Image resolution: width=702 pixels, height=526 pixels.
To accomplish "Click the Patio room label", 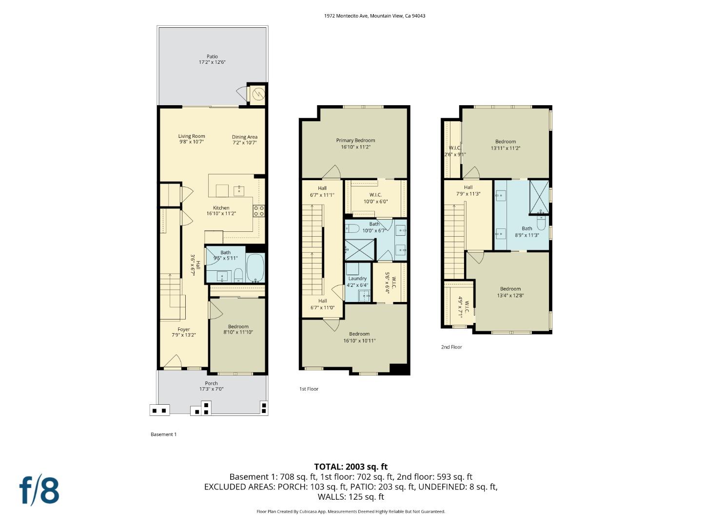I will pos(212,56).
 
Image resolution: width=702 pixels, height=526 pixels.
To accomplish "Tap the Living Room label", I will pos(192,136).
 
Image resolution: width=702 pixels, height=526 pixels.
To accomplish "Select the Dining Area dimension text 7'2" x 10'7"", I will pos(244,143).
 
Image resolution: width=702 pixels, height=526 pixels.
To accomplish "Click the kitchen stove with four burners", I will pos(259,211).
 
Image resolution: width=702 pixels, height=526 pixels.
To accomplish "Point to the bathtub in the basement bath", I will pos(255,268).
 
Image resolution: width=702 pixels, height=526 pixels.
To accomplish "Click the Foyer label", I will pos(184,330).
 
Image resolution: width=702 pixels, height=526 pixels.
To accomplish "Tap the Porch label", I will pos(211,383).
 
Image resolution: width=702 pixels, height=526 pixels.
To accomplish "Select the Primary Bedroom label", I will pos(355,140).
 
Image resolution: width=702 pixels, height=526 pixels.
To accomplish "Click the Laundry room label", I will pos(357,279).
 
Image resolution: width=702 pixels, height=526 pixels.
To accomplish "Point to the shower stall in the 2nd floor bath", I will pos(539,197).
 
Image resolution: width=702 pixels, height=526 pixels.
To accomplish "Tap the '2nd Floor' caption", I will pos(451,347).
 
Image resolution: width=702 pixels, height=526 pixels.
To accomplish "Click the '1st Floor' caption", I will pos(309,389).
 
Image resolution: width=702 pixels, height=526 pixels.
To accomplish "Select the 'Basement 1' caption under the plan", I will pos(163,434).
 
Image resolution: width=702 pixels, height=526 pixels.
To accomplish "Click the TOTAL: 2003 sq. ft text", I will pos(351,467).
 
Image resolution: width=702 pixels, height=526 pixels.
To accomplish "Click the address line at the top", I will pos(374,16).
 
